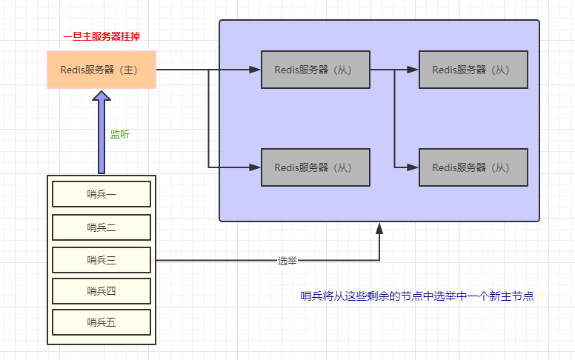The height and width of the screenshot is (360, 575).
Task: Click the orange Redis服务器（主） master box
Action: (102, 70)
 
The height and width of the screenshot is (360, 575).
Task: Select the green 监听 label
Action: (120, 134)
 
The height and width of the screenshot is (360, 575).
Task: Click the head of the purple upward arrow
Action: (102, 99)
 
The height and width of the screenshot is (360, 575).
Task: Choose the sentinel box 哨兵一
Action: (102, 194)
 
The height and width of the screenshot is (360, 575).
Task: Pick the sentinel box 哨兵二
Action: (102, 227)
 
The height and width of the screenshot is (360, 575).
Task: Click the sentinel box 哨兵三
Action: (102, 260)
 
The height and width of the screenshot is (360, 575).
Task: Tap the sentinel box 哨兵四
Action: (102, 290)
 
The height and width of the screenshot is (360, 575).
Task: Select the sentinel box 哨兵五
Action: (102, 322)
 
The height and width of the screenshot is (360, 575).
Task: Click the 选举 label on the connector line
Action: (287, 261)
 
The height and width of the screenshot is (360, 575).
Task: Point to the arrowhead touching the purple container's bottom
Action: (379, 228)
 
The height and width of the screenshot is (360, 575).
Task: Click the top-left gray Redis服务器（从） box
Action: (315, 70)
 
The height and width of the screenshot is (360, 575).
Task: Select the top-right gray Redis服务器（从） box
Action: (473, 70)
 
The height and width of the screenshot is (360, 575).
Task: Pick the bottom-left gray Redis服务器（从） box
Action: (315, 167)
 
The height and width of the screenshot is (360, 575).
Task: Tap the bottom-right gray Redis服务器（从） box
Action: (473, 167)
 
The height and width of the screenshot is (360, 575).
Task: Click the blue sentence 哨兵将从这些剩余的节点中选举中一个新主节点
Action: (417, 296)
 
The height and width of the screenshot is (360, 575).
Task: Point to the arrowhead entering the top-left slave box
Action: (255, 70)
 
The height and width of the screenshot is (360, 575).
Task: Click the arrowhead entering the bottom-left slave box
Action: (255, 167)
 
